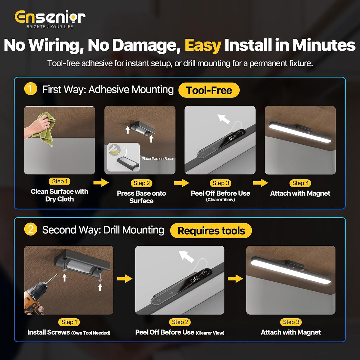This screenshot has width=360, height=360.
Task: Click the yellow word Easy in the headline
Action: pos(203,45)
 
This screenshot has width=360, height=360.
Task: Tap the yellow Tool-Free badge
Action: pos(209,90)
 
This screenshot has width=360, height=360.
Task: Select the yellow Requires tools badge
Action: pos(211,230)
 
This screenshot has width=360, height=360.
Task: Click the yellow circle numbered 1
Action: pos(31,89)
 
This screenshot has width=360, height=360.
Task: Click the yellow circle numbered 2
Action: pos(31,229)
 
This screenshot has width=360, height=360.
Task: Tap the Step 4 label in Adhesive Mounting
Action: pos(300,183)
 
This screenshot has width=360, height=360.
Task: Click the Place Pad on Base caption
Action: pos(157,159)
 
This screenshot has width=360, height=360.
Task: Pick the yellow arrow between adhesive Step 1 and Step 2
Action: pos(101,182)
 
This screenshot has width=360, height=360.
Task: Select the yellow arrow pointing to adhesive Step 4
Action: pos(260,183)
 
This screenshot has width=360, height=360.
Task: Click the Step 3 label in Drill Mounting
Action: pos(291,322)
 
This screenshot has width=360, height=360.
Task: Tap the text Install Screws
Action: pos(49,332)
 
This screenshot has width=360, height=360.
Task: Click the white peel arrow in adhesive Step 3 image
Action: pos(223,119)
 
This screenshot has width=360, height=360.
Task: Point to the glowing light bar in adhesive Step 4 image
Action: pos(300,132)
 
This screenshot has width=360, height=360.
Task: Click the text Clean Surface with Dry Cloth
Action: pos(59,195)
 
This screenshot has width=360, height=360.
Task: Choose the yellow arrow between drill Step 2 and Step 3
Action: pos(235,279)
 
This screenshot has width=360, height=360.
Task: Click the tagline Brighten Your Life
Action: pos(50,27)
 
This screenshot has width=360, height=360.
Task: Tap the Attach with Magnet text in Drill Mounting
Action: pos(291,332)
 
